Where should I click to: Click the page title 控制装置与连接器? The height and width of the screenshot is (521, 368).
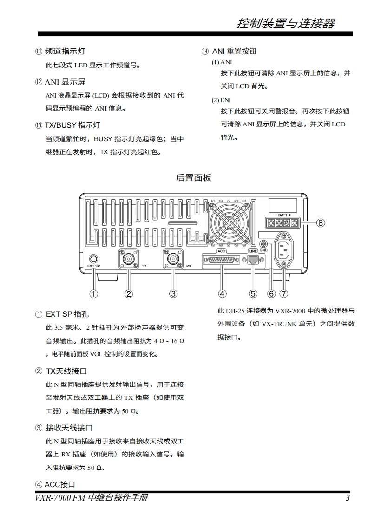[x=285, y=23]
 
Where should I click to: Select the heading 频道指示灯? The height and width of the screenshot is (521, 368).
[x=65, y=52]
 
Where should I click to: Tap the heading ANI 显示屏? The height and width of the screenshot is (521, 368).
[x=65, y=82]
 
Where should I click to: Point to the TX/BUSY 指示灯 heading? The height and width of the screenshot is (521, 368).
[x=72, y=125]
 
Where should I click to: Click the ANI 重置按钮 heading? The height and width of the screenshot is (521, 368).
[x=234, y=52]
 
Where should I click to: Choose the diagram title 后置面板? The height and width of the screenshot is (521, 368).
[x=194, y=177]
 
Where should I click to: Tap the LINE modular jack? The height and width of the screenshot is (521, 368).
[x=253, y=260]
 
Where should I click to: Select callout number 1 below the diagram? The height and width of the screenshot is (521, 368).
[x=94, y=293]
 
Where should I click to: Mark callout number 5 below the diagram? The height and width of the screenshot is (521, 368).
[x=253, y=293]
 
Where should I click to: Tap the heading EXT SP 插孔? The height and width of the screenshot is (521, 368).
[x=67, y=314]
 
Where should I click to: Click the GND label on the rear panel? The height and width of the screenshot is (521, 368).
[x=263, y=250]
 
